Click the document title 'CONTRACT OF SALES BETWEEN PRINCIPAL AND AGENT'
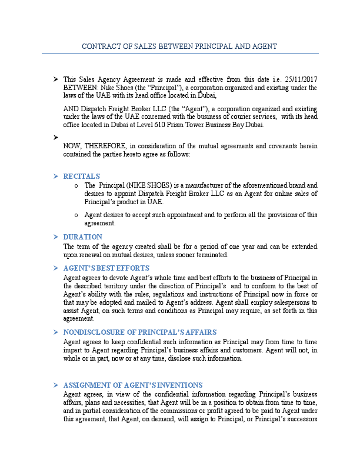coord(179,46)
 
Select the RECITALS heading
coord(82,176)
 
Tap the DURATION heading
coord(83,237)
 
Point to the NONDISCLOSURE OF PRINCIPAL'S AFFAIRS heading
coord(140,332)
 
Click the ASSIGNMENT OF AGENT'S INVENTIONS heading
coord(133,385)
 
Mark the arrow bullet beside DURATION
coord(55,237)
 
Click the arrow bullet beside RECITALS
coord(55,176)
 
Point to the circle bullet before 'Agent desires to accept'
coord(76,215)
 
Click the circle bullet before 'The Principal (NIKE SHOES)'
coord(76,185)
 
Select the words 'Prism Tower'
coord(201,125)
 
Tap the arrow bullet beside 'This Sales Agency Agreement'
coord(55,79)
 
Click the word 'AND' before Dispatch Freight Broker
coord(71,109)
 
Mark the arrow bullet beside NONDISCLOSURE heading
coord(55,332)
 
